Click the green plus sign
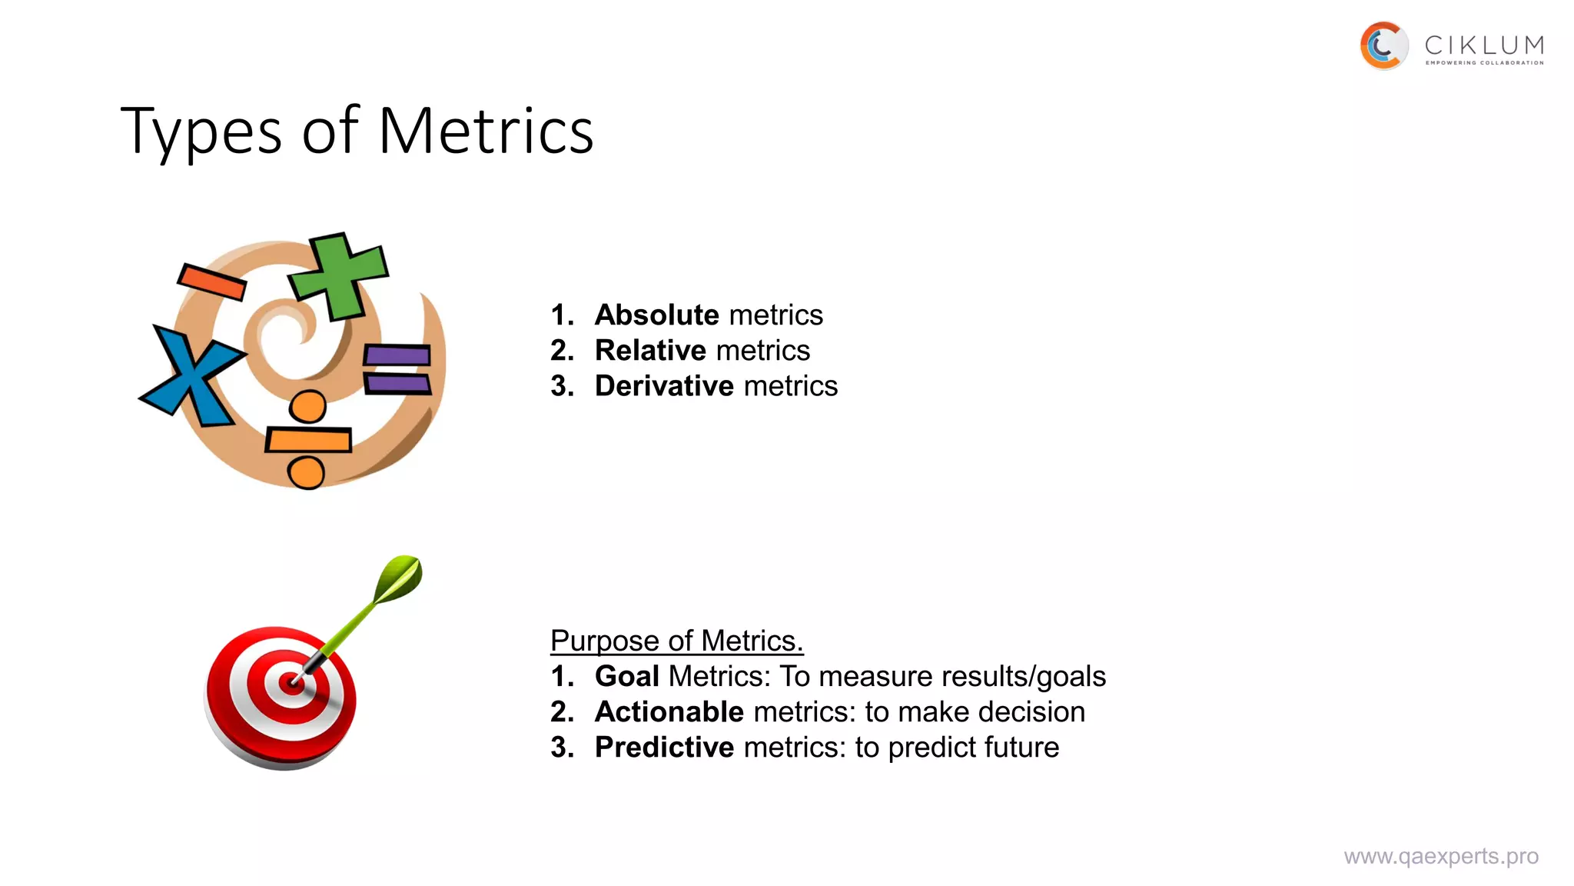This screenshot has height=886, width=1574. [339, 275]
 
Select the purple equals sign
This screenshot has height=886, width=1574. [397, 368]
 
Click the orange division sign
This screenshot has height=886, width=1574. [307, 440]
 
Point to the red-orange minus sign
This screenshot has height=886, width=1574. [211, 281]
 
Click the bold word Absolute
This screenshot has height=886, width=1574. [656, 315]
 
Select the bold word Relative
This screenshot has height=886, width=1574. [650, 351]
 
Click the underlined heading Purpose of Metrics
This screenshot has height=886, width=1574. [676, 641]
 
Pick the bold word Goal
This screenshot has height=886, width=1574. [626, 677]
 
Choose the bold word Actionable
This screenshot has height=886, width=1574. [669, 712]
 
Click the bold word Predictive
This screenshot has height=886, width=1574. [664, 748]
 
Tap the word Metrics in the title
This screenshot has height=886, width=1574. [486, 131]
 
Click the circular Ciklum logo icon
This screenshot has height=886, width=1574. [1383, 45]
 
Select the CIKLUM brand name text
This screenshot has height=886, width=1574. [1484, 45]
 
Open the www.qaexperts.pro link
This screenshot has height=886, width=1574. [1441, 857]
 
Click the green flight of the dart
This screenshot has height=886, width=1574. [399, 578]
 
